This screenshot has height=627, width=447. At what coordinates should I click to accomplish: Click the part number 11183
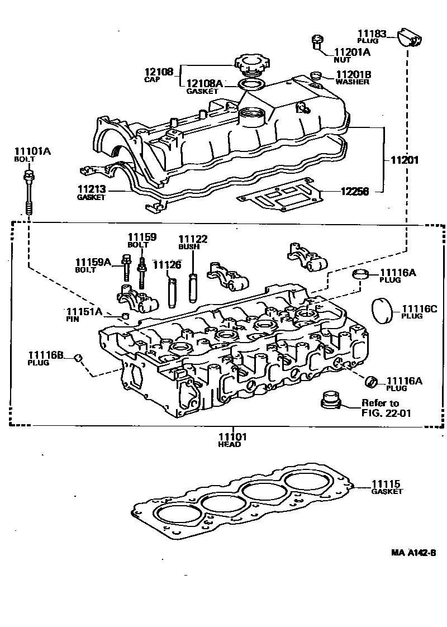point(372,34)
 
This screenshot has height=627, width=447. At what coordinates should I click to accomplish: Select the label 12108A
point(205,84)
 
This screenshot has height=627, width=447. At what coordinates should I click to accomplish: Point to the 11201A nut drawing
point(317,42)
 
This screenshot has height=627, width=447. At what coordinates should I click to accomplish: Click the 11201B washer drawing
point(316,75)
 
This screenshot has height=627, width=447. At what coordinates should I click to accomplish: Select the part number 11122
point(193,239)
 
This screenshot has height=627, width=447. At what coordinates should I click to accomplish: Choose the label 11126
point(167,264)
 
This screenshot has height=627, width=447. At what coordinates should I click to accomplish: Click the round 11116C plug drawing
point(383,308)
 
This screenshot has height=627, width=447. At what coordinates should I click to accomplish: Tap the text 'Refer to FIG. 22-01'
point(381,408)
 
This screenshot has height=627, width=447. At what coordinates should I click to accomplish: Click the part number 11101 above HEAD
point(231,436)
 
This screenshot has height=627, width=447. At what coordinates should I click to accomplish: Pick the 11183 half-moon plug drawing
point(411,37)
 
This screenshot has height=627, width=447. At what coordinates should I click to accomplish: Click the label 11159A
point(94,262)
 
